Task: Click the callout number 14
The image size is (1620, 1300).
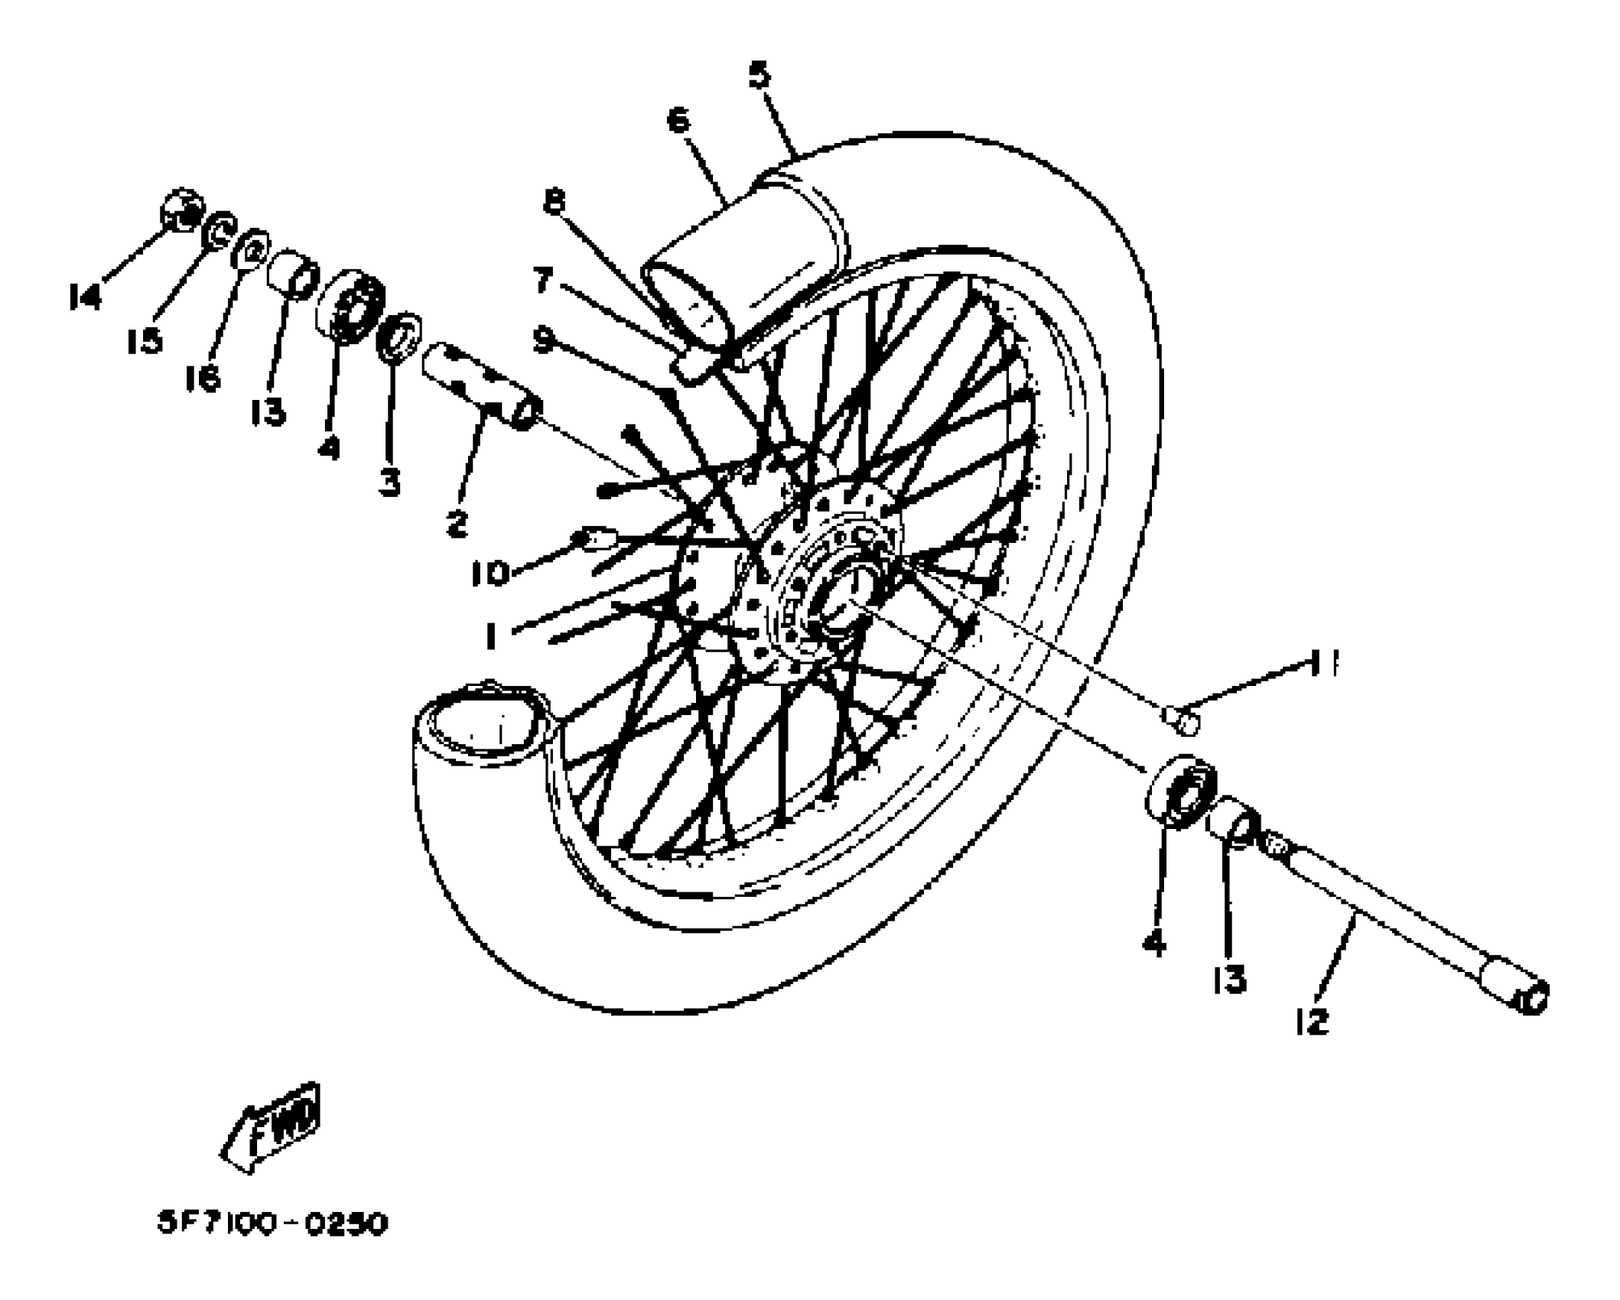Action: tap(85, 297)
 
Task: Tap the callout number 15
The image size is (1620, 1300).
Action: tap(145, 340)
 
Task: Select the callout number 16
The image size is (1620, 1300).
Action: tap(203, 378)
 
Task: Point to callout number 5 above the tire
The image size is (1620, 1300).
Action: tap(760, 76)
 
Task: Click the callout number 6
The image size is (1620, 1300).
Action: tap(678, 121)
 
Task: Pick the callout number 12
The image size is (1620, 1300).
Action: tap(1312, 1022)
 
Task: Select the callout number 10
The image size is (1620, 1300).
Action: tap(490, 573)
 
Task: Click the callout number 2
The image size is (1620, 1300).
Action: tap(457, 524)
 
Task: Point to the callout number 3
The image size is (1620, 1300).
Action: tap(390, 483)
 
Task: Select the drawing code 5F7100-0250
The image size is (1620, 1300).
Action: tap(272, 1224)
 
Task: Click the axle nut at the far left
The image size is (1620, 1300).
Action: tap(184, 210)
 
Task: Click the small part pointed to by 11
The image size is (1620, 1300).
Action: tap(1182, 719)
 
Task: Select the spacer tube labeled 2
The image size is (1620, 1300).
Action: tap(482, 387)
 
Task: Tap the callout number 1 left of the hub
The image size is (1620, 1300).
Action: tap(491, 635)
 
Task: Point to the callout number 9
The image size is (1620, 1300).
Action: tap(543, 340)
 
